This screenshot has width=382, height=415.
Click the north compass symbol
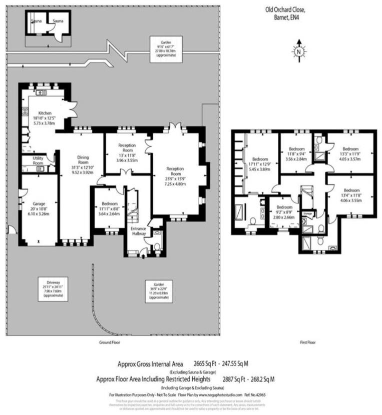[298, 50]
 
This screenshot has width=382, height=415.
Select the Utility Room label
[31, 160]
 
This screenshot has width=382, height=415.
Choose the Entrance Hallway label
[138, 231]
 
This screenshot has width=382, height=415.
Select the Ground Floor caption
[110, 342]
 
